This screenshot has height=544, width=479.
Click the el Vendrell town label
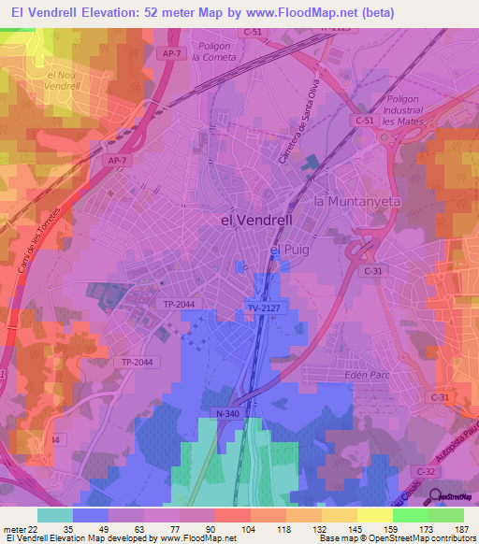[x=255, y=221]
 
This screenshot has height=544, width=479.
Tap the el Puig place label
[x=288, y=251]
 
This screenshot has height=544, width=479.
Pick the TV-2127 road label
[x=265, y=308]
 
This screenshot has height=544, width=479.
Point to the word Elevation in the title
[x=106, y=12]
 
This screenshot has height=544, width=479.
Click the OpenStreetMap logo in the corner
[x=453, y=497]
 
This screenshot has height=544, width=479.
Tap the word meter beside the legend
[x=13, y=529]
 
